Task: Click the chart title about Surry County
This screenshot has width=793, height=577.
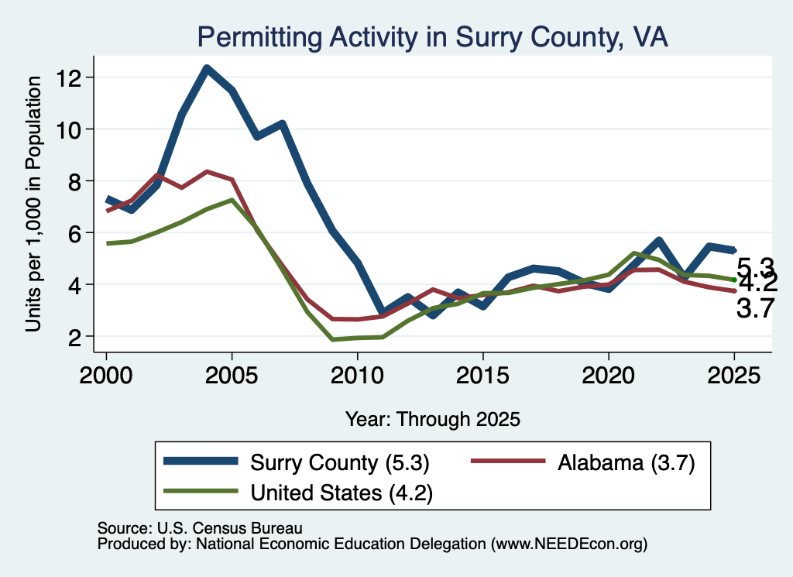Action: [432, 37]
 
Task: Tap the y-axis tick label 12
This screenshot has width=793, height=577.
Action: [69, 77]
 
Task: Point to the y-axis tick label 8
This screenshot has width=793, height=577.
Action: [75, 181]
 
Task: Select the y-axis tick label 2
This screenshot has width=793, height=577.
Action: [75, 336]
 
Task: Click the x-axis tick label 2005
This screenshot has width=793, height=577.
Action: [232, 376]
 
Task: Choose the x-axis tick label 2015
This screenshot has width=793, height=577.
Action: [483, 376]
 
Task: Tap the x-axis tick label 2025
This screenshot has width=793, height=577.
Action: [734, 376]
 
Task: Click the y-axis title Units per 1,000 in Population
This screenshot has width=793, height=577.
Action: [33, 204]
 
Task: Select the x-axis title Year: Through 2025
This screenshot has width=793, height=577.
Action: [432, 419]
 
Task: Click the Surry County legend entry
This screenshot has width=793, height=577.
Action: [297, 462]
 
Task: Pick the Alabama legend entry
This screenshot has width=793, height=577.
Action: [583, 462]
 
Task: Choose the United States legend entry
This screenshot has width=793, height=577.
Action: [298, 492]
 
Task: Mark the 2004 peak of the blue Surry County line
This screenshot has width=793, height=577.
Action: [207, 68]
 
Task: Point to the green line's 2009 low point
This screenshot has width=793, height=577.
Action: [332, 339]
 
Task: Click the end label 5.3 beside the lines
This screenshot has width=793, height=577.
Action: [756, 266]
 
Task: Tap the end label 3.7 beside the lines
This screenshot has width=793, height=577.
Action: [756, 308]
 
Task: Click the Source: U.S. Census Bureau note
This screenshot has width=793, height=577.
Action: [200, 528]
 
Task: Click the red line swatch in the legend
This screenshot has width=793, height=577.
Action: [508, 461]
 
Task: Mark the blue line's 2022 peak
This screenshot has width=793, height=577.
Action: [658, 241]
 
